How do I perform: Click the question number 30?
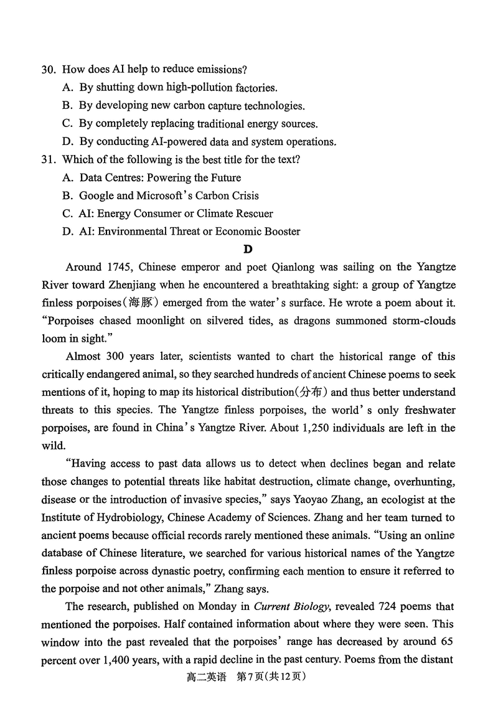pos(49,70)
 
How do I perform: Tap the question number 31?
pos(49,159)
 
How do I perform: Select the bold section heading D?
pos(248,250)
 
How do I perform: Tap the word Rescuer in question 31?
pos(252,214)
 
